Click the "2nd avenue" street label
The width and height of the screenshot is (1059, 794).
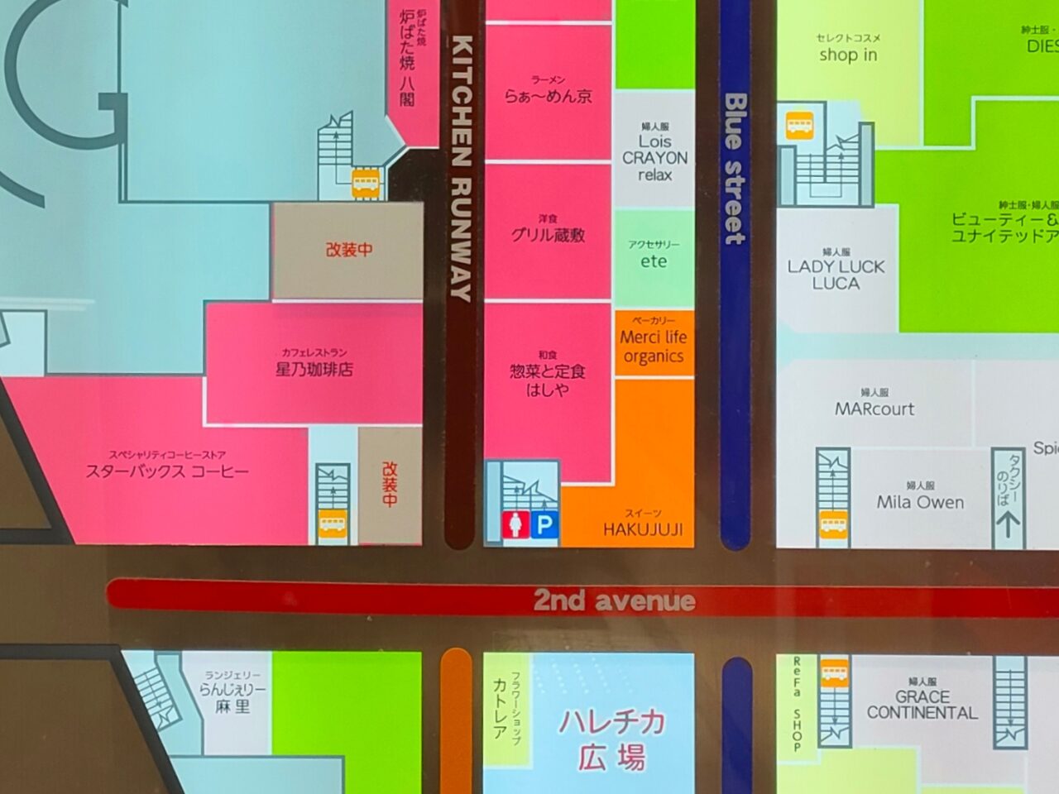[x=614, y=600]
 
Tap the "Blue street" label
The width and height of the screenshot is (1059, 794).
[x=734, y=168]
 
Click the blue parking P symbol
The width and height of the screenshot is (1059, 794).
[x=544, y=525]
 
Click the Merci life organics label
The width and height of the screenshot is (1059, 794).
[x=654, y=347]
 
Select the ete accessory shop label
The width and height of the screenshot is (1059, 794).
[x=654, y=261]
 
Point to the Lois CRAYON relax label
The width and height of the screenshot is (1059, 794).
[x=654, y=158]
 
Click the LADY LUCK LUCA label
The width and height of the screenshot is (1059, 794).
[x=836, y=275]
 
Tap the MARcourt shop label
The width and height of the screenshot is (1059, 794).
[x=875, y=409]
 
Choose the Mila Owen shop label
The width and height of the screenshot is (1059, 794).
[x=920, y=502]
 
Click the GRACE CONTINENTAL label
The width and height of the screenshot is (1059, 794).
[x=922, y=705]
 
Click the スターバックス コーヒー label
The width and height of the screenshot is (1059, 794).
[x=167, y=472]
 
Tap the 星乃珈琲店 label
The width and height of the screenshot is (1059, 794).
[x=314, y=369]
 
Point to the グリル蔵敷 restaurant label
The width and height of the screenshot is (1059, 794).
[x=548, y=235]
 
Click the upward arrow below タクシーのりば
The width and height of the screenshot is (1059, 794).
[x=1007, y=524]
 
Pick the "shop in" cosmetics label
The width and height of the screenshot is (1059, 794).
[x=848, y=55]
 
